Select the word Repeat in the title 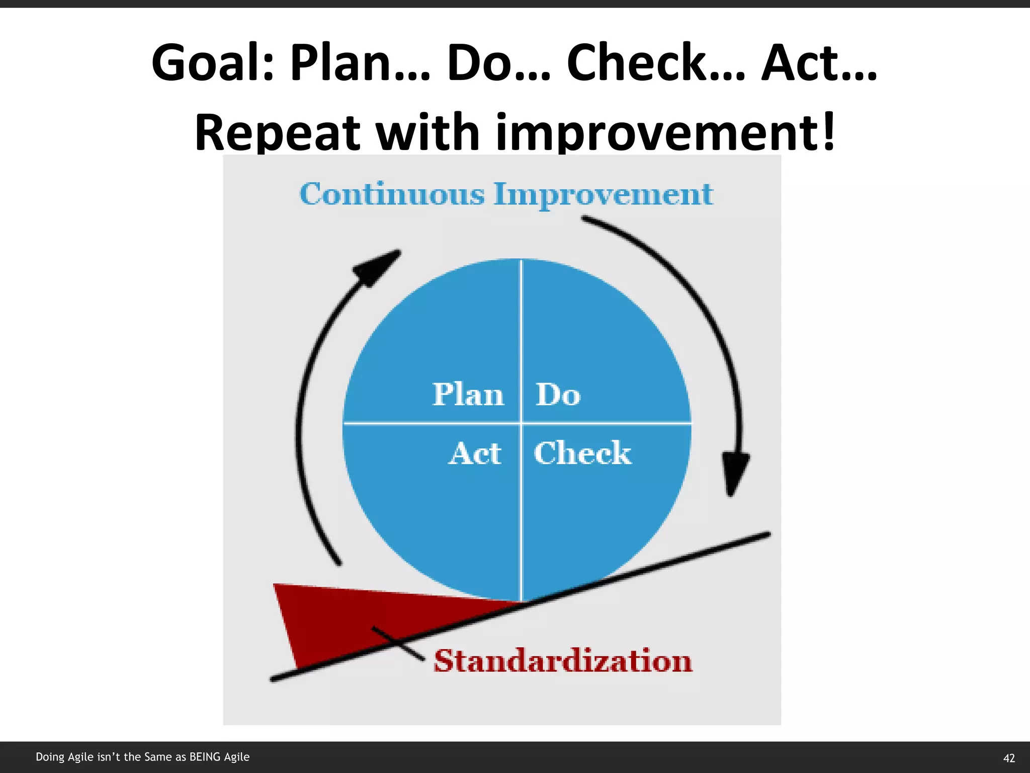pos(277,132)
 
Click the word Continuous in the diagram pos(392,194)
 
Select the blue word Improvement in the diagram pos(603,195)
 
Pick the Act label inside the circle pos(475,453)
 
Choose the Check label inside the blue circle pos(582,453)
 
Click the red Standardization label pos(563,661)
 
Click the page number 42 pos(1009,758)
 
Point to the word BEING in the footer pos(206,757)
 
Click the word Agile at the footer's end pos(237,757)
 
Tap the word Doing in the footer pos(50,757)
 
